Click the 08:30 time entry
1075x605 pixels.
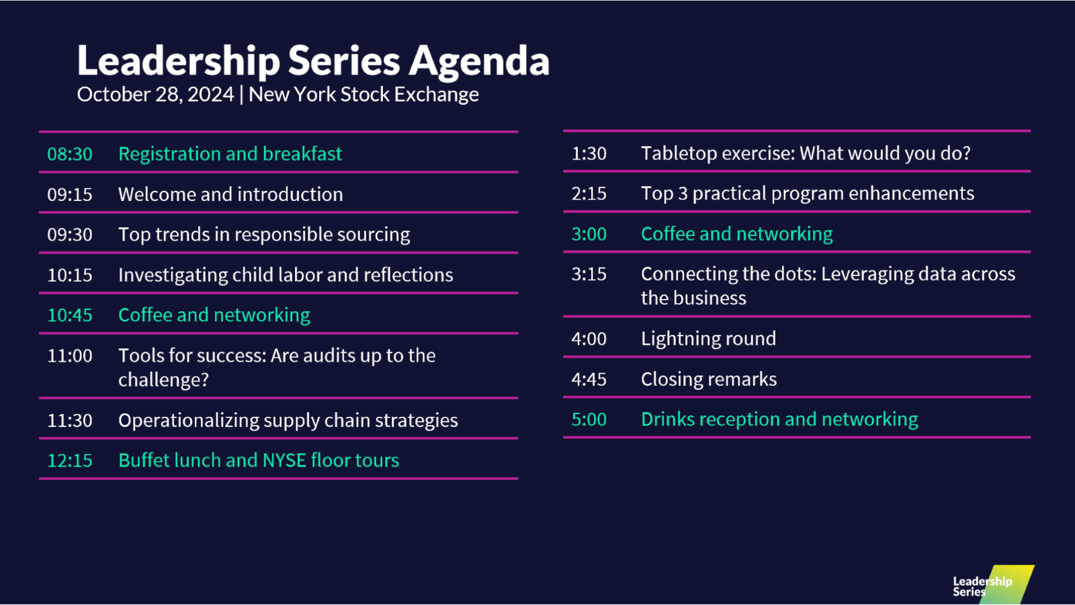[70, 154]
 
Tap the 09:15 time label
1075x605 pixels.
[70, 194]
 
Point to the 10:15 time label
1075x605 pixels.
[70, 275]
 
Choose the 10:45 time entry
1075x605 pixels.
[70, 315]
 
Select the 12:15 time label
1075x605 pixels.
[70, 460]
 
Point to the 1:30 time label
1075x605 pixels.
[589, 154]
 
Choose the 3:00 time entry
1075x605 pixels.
[589, 235]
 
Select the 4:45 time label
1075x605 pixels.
[589, 379]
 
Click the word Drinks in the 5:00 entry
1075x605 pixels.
[667, 419]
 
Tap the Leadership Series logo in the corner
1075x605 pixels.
[992, 585]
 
